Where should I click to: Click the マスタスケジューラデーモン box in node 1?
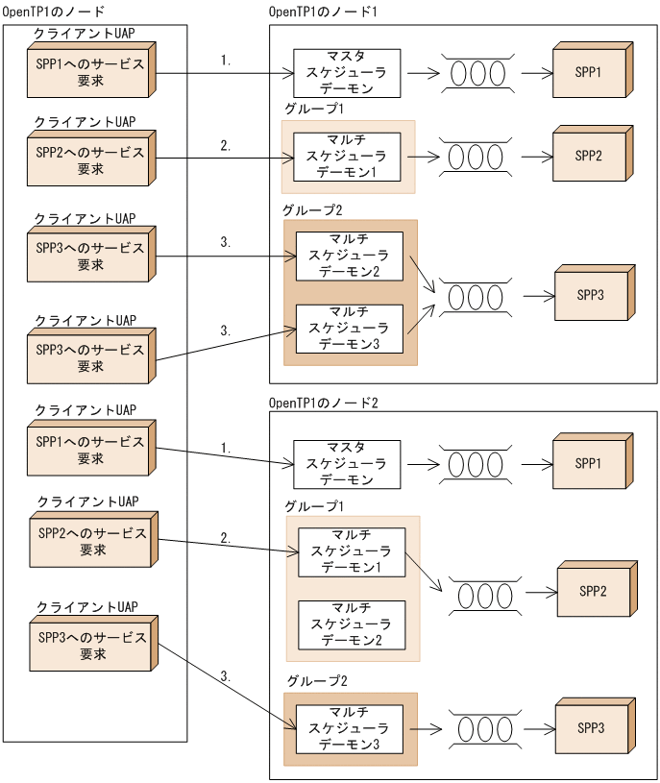point(346,73)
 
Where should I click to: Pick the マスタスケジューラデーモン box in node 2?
point(346,464)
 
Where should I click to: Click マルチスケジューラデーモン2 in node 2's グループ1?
point(351,624)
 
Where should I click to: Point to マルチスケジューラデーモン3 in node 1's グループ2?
point(349,329)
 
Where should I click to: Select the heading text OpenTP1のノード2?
point(325,402)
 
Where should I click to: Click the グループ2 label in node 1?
point(311,209)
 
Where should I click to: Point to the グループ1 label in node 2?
point(314,505)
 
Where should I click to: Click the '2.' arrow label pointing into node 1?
point(226,146)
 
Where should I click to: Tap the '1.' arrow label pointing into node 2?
point(226,448)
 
